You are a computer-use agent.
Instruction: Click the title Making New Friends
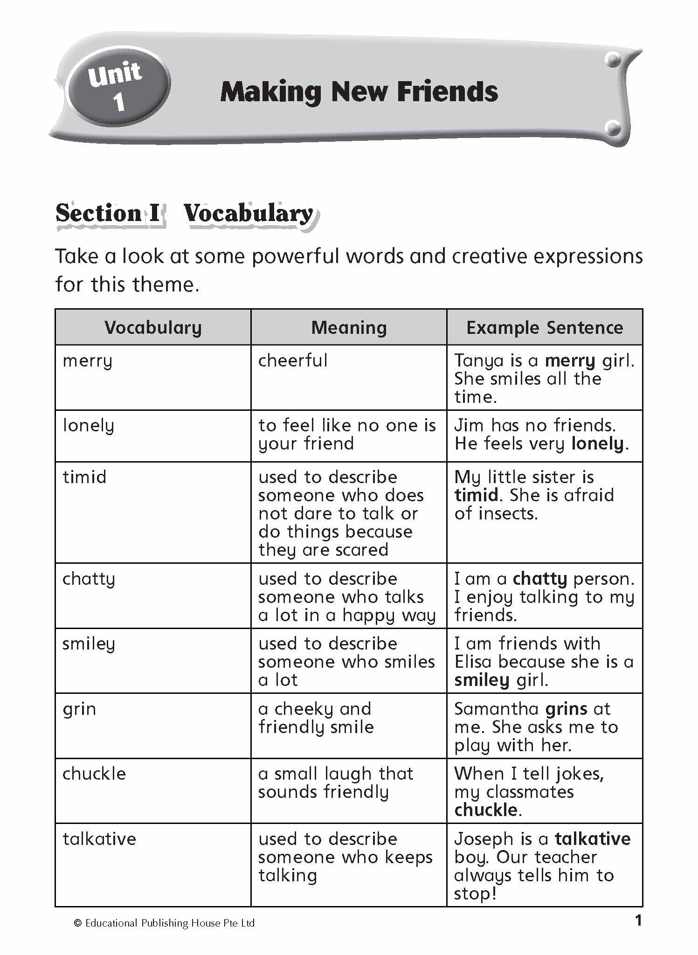click(359, 92)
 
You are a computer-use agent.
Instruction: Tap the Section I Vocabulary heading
click(185, 214)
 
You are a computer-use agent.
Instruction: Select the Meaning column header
click(349, 328)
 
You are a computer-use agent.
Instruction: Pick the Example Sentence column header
click(544, 328)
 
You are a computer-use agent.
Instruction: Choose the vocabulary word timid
click(84, 477)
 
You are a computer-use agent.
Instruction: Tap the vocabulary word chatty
click(89, 579)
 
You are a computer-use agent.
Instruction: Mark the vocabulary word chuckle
click(94, 774)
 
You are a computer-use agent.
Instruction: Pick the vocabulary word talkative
click(99, 839)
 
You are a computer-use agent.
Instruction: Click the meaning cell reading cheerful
click(293, 360)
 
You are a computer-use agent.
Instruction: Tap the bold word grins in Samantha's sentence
click(566, 709)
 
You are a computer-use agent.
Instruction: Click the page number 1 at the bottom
click(638, 920)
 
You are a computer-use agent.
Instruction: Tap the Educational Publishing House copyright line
click(164, 923)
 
